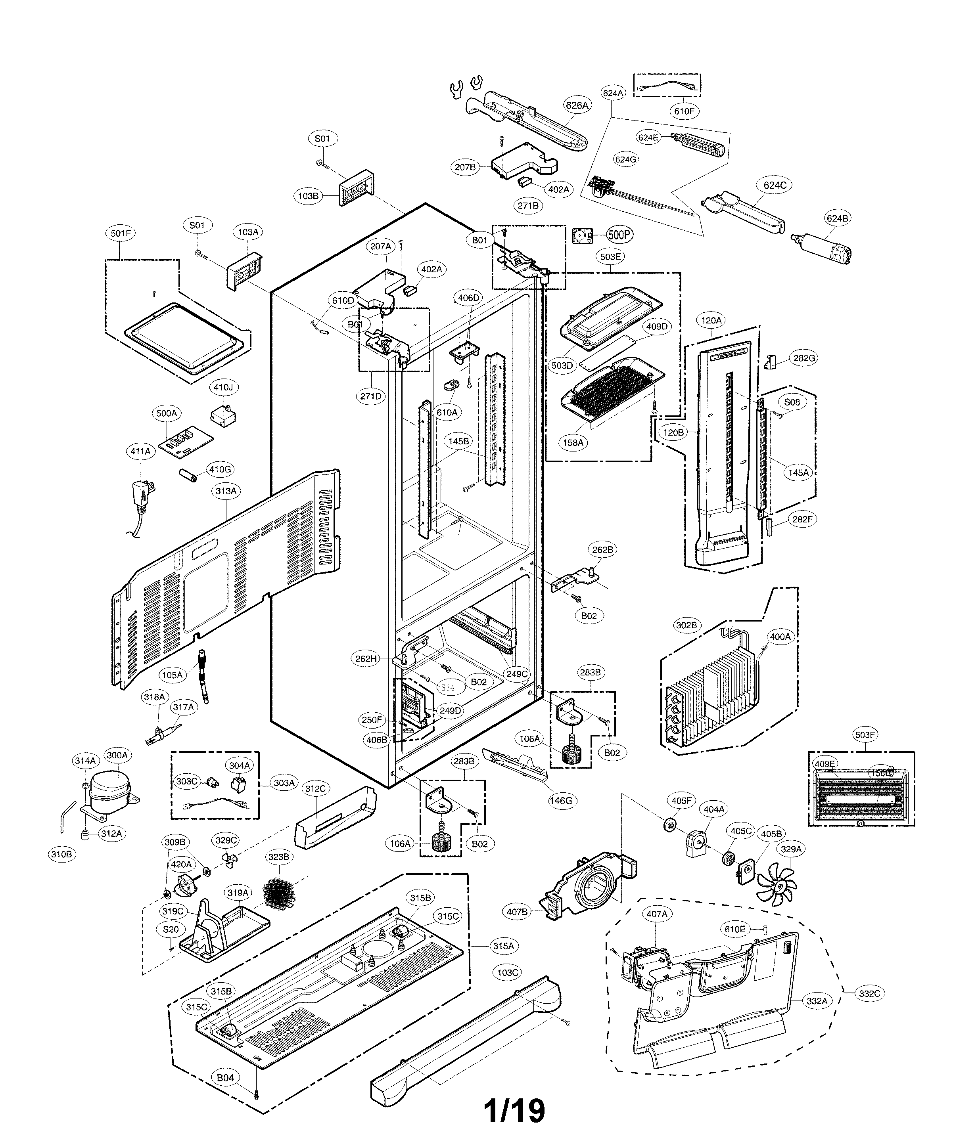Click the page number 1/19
[514, 1110]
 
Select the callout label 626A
[577, 105]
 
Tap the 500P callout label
[619, 235]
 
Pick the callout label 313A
[226, 491]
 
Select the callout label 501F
[120, 233]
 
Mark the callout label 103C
[508, 972]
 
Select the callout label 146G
[561, 800]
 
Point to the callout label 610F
[684, 111]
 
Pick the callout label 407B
[517, 911]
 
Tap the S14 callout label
[447, 687]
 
